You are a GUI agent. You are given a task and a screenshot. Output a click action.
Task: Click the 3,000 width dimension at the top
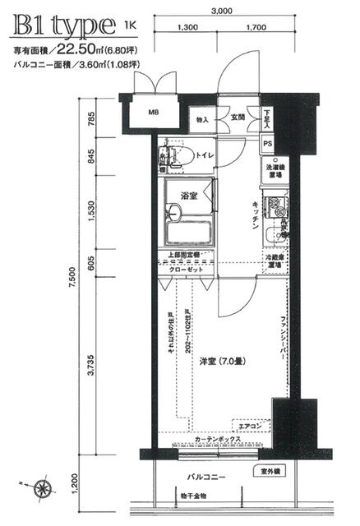[x=221, y=12]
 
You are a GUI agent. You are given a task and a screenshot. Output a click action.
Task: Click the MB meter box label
[x=154, y=113]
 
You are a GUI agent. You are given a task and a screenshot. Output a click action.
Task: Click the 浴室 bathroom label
[x=191, y=194]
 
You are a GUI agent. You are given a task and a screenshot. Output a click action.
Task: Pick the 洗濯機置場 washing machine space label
[x=275, y=171]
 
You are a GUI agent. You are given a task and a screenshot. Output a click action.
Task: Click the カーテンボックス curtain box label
[x=217, y=441]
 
